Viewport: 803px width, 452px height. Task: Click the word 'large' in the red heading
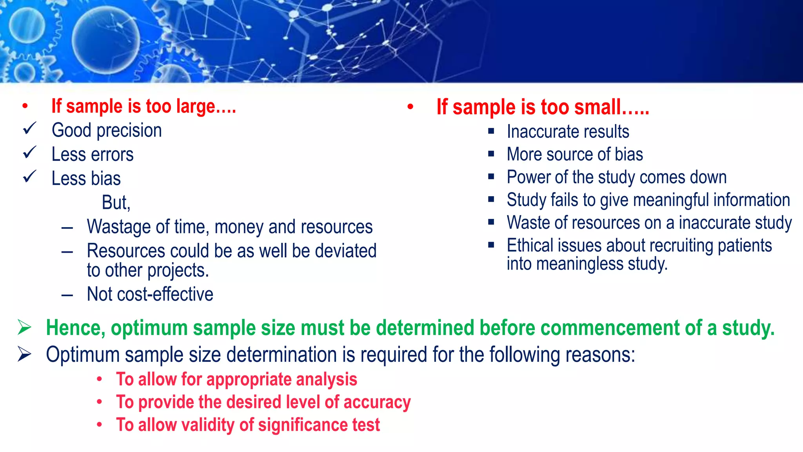click(x=195, y=107)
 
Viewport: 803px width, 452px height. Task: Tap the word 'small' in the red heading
click(x=597, y=107)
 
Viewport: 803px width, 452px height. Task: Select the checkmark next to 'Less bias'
click(x=29, y=177)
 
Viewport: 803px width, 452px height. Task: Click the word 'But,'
click(x=116, y=203)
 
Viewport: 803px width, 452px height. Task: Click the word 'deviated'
click(x=345, y=251)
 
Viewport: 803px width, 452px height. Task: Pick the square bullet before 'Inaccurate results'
click(x=491, y=131)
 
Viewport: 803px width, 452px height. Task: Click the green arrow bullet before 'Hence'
click(x=24, y=327)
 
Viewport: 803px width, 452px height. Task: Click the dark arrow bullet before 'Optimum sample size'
click(x=24, y=354)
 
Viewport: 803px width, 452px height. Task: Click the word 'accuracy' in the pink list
click(x=377, y=402)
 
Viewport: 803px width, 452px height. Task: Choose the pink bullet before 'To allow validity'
click(x=100, y=425)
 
